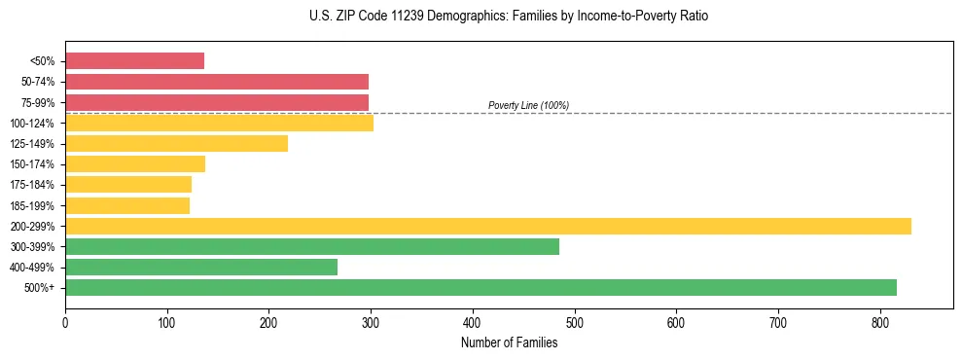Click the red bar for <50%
point(134,60)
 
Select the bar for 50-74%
point(216,82)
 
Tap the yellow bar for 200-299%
point(487,226)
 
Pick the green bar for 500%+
point(481,287)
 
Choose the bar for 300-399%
point(311,246)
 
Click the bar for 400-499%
point(201,267)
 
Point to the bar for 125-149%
point(176,143)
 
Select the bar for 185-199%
point(127,205)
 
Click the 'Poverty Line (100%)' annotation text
point(528,105)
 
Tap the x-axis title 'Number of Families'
point(509,342)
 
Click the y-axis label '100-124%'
point(32,124)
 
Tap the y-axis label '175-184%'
point(32,185)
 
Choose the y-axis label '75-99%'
point(36,102)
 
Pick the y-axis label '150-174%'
point(32,164)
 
